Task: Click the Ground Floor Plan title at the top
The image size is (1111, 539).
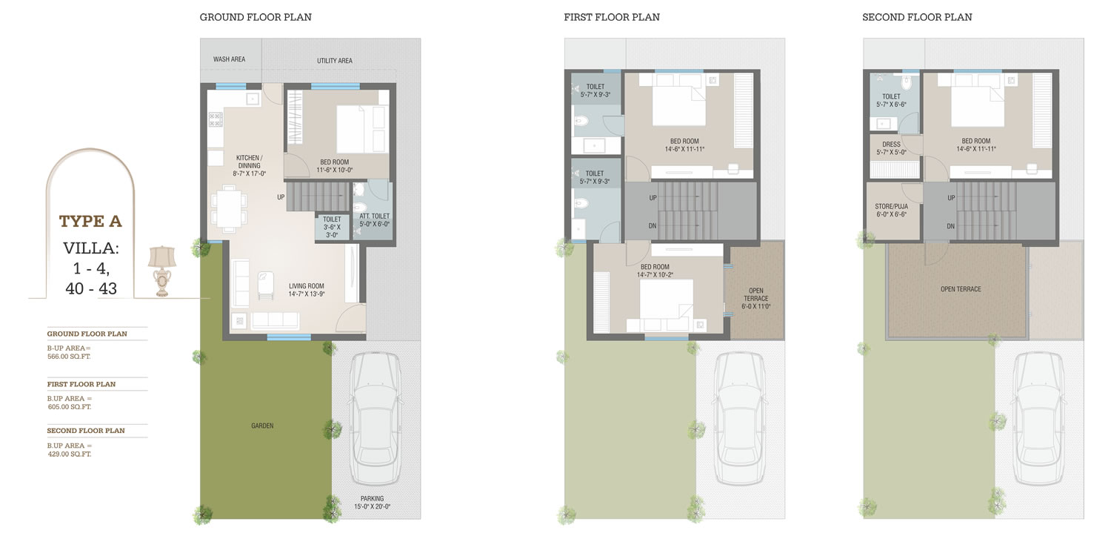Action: coord(256,17)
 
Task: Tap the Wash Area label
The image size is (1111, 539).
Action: coord(229,59)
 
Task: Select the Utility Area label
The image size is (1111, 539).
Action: coord(335,61)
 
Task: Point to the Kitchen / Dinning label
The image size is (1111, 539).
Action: coord(249,166)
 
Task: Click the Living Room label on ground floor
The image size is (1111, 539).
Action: coord(307,290)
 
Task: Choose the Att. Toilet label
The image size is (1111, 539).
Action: coord(375,220)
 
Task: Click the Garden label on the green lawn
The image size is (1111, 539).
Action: coord(262,426)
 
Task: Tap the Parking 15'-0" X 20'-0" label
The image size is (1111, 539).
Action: coord(373,503)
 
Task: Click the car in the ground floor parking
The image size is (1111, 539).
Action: coord(376,418)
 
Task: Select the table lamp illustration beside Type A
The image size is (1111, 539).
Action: coord(162,271)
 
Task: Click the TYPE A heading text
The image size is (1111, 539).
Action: coord(90,222)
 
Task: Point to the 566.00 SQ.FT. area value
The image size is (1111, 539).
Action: coord(69,357)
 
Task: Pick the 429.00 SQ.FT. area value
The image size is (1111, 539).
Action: coord(70,454)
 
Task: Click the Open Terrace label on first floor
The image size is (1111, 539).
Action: coord(756,298)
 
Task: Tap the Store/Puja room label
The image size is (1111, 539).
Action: coord(891,211)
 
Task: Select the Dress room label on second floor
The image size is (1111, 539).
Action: coord(891,148)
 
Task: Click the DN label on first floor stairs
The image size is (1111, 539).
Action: coord(653,226)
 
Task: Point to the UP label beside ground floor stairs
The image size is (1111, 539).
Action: coord(281,197)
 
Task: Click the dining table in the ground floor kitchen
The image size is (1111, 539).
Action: coord(229,208)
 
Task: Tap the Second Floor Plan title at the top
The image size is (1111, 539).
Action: coord(917,17)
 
